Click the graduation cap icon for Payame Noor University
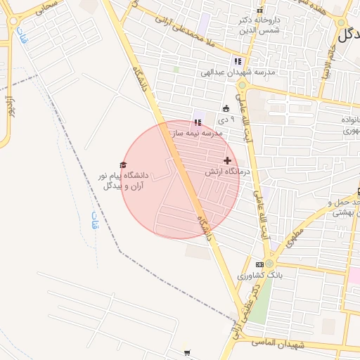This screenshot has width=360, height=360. click(x=124, y=165)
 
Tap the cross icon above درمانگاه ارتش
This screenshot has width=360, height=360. click(x=227, y=160)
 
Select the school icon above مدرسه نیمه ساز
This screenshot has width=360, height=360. click(x=198, y=122)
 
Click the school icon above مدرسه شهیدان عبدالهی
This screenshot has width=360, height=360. click(x=238, y=61)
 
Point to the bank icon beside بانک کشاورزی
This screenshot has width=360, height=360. click(x=260, y=264)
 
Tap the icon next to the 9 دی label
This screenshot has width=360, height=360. click(x=226, y=109)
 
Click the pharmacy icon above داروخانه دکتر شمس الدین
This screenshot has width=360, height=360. click(x=260, y=11)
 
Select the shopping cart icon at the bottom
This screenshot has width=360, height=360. click(x=187, y=353)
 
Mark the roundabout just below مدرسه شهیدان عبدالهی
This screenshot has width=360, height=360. click(x=242, y=85)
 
